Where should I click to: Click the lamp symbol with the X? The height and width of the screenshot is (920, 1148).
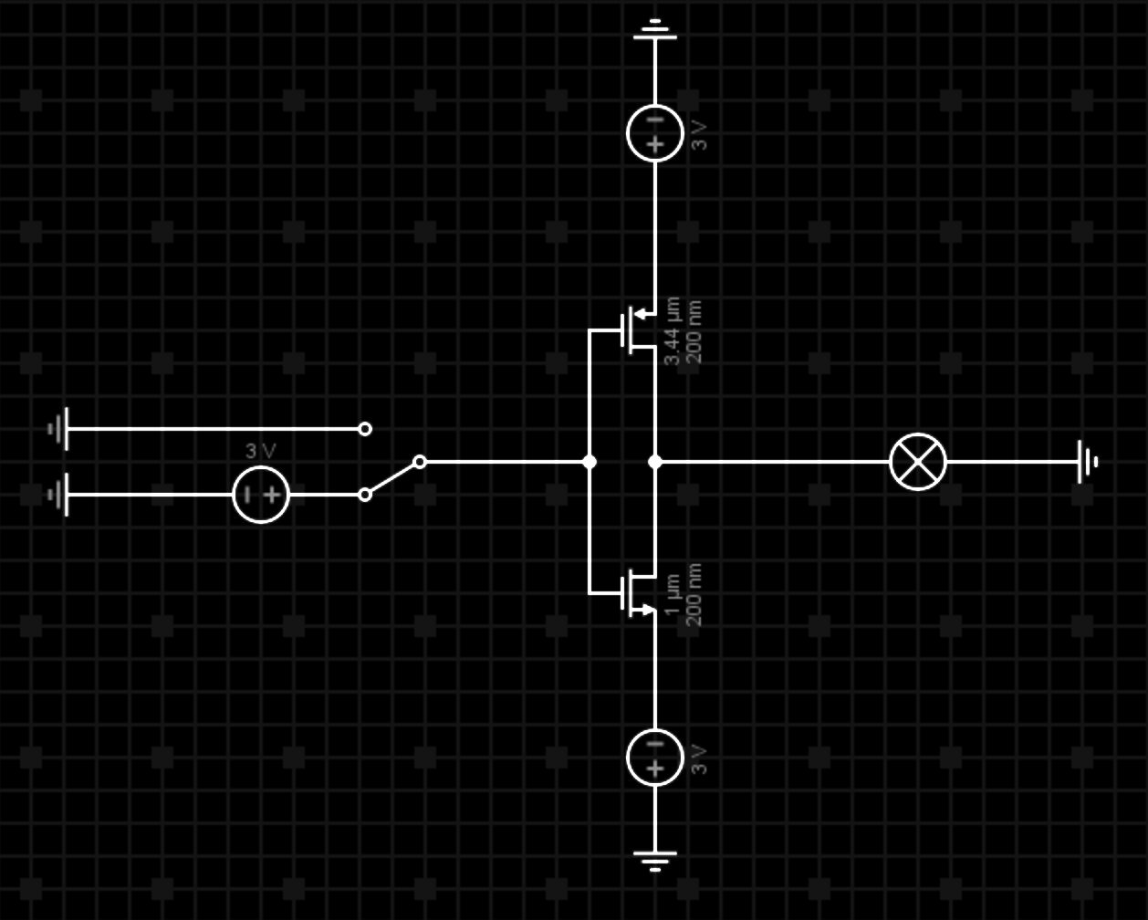(918, 462)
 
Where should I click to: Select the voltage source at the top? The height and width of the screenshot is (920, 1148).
(655, 133)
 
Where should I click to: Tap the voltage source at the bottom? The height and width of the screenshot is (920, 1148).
(655, 758)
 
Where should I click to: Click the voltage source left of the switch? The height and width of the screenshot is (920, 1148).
(261, 495)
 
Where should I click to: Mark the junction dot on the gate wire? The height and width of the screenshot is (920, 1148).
(590, 462)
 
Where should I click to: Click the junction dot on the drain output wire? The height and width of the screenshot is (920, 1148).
(655, 462)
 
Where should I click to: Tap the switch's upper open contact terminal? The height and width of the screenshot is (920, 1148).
(365, 428)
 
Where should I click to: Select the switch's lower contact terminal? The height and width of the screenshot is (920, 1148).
(365, 495)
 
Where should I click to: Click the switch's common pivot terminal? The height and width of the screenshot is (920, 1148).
(420, 462)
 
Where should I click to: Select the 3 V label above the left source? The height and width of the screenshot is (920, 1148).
(260, 451)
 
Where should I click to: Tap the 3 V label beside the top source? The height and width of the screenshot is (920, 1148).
(699, 133)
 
